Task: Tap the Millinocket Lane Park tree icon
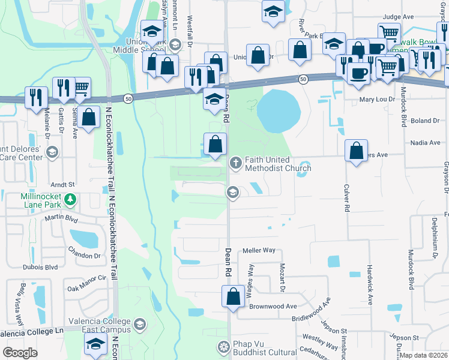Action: tap(71, 199)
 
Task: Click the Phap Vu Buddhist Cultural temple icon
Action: tap(224, 347)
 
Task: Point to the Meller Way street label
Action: tap(259, 250)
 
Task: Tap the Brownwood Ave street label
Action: tap(273, 306)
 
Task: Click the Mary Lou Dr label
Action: tap(377, 100)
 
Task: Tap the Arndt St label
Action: tap(62, 185)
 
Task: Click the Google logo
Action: tap(20, 352)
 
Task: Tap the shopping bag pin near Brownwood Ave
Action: tap(232, 296)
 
